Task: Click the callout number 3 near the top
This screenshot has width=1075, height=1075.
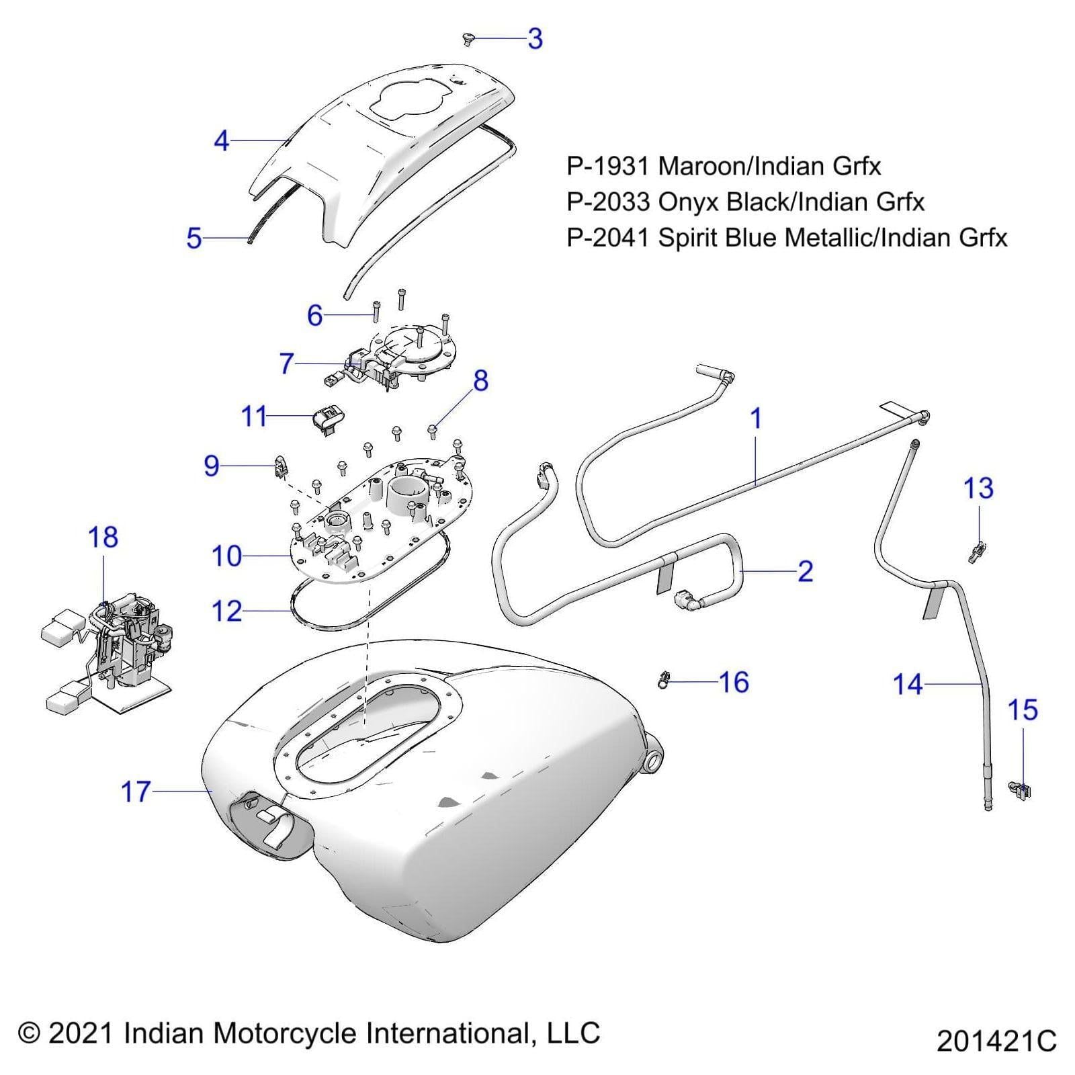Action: [x=535, y=39]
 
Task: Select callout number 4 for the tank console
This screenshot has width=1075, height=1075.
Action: [x=222, y=141]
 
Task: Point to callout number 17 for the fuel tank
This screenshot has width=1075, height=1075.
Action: [x=136, y=792]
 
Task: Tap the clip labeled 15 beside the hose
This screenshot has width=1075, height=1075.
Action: [x=1020, y=791]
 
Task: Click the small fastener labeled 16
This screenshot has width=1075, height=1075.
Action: [x=664, y=681]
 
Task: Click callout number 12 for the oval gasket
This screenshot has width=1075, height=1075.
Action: [x=226, y=611]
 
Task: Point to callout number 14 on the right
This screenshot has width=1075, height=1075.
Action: [x=908, y=685]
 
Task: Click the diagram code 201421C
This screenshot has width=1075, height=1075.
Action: [x=996, y=1041]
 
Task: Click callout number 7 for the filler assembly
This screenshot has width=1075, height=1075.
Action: [x=287, y=363]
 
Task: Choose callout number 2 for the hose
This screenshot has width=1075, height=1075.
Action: [x=805, y=571]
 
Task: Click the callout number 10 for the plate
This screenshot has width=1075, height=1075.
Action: [x=226, y=556]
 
